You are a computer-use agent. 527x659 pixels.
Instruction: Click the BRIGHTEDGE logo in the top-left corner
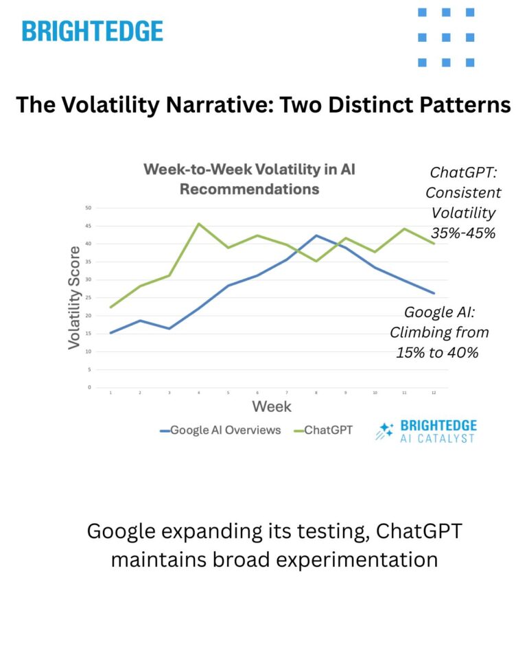point(92,31)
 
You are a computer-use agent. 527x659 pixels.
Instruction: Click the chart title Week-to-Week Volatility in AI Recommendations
point(249,178)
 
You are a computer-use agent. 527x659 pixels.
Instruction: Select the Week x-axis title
point(271,406)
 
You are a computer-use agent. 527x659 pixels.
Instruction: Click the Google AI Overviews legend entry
point(221,430)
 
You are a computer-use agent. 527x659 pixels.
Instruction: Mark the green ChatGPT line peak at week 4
point(199,223)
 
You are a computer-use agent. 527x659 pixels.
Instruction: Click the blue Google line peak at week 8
point(316,235)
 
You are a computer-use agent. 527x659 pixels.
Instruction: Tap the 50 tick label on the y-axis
point(88,208)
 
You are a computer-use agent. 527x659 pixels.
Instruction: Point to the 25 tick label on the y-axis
point(88,298)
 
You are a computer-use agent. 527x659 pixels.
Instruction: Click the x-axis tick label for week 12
point(434,393)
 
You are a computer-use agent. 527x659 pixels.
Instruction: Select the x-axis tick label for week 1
point(111,393)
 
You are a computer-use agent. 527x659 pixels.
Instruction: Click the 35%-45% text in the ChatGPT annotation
point(463,232)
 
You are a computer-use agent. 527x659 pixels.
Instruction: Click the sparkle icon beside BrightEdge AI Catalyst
point(384,431)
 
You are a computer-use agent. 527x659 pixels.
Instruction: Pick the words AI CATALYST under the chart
point(437,438)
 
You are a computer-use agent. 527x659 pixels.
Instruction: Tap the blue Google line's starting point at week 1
point(111,333)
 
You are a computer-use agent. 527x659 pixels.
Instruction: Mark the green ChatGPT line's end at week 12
point(434,244)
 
